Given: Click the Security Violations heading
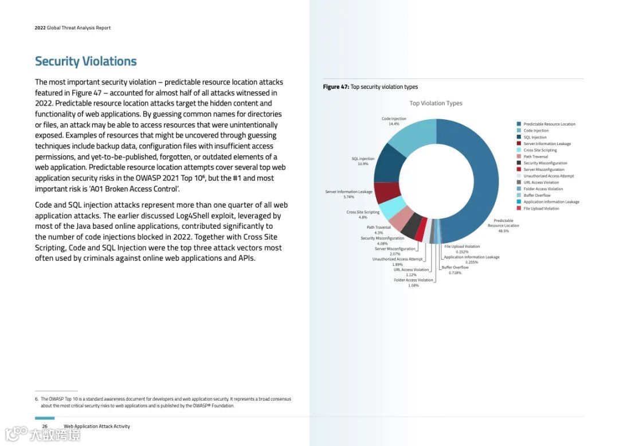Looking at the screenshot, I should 86,61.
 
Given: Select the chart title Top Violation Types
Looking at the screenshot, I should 436,103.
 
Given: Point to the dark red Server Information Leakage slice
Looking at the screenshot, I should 386,192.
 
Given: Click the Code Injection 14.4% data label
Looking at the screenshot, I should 394,121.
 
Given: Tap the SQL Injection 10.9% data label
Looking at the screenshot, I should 363,161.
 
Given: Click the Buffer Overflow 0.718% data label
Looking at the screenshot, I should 455,269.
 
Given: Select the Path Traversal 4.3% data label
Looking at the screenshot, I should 379,229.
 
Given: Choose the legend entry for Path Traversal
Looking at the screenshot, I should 535,157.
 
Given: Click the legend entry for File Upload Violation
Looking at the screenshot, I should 541,208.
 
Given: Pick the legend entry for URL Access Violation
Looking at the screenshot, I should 541,182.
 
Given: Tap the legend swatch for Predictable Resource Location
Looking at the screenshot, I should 519,124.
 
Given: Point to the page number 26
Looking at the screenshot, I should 45,427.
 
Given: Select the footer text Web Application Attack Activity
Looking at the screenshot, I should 97,427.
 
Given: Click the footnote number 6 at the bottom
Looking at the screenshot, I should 36,399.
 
